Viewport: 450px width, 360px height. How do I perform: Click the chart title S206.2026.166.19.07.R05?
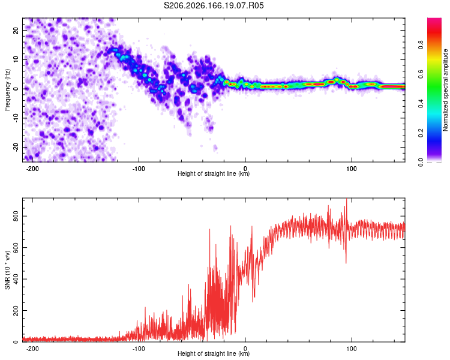pyautogui.click(x=214, y=5)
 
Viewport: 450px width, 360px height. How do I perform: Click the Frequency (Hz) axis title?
pyautogui.click(x=7, y=90)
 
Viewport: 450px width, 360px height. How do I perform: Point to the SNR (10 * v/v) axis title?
pyautogui.click(x=7, y=270)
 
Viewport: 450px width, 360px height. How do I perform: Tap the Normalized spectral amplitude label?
pyautogui.click(x=445, y=90)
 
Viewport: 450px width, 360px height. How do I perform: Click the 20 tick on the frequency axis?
pyautogui.click(x=16, y=30)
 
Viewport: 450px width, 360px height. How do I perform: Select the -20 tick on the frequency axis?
pyautogui.click(x=16, y=147)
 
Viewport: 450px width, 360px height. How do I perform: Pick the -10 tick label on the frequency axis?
pyautogui.click(x=16, y=118)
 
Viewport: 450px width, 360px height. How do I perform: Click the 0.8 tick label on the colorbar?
pyautogui.click(x=421, y=45)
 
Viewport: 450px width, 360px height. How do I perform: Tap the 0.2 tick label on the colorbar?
pyautogui.click(x=421, y=133)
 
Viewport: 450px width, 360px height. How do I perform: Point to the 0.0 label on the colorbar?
pyautogui.click(x=421, y=163)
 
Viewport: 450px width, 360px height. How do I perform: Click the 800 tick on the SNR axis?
pyautogui.click(x=16, y=216)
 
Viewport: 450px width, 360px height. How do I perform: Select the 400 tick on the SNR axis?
pyautogui.click(x=16, y=279)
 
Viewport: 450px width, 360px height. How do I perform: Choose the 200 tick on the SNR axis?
pyautogui.click(x=16, y=310)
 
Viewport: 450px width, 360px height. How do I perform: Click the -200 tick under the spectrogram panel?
pyautogui.click(x=32, y=169)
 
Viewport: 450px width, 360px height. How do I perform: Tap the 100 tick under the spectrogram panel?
pyautogui.click(x=351, y=169)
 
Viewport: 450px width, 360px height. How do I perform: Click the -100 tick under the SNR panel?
pyautogui.click(x=139, y=349)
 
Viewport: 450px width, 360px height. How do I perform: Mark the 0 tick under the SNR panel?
pyautogui.click(x=245, y=349)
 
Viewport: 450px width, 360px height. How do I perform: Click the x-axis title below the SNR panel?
pyautogui.click(x=214, y=353)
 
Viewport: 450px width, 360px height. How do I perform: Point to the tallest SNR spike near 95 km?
pyautogui.click(x=346, y=200)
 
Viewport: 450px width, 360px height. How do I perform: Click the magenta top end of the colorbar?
pyautogui.click(x=434, y=20)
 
